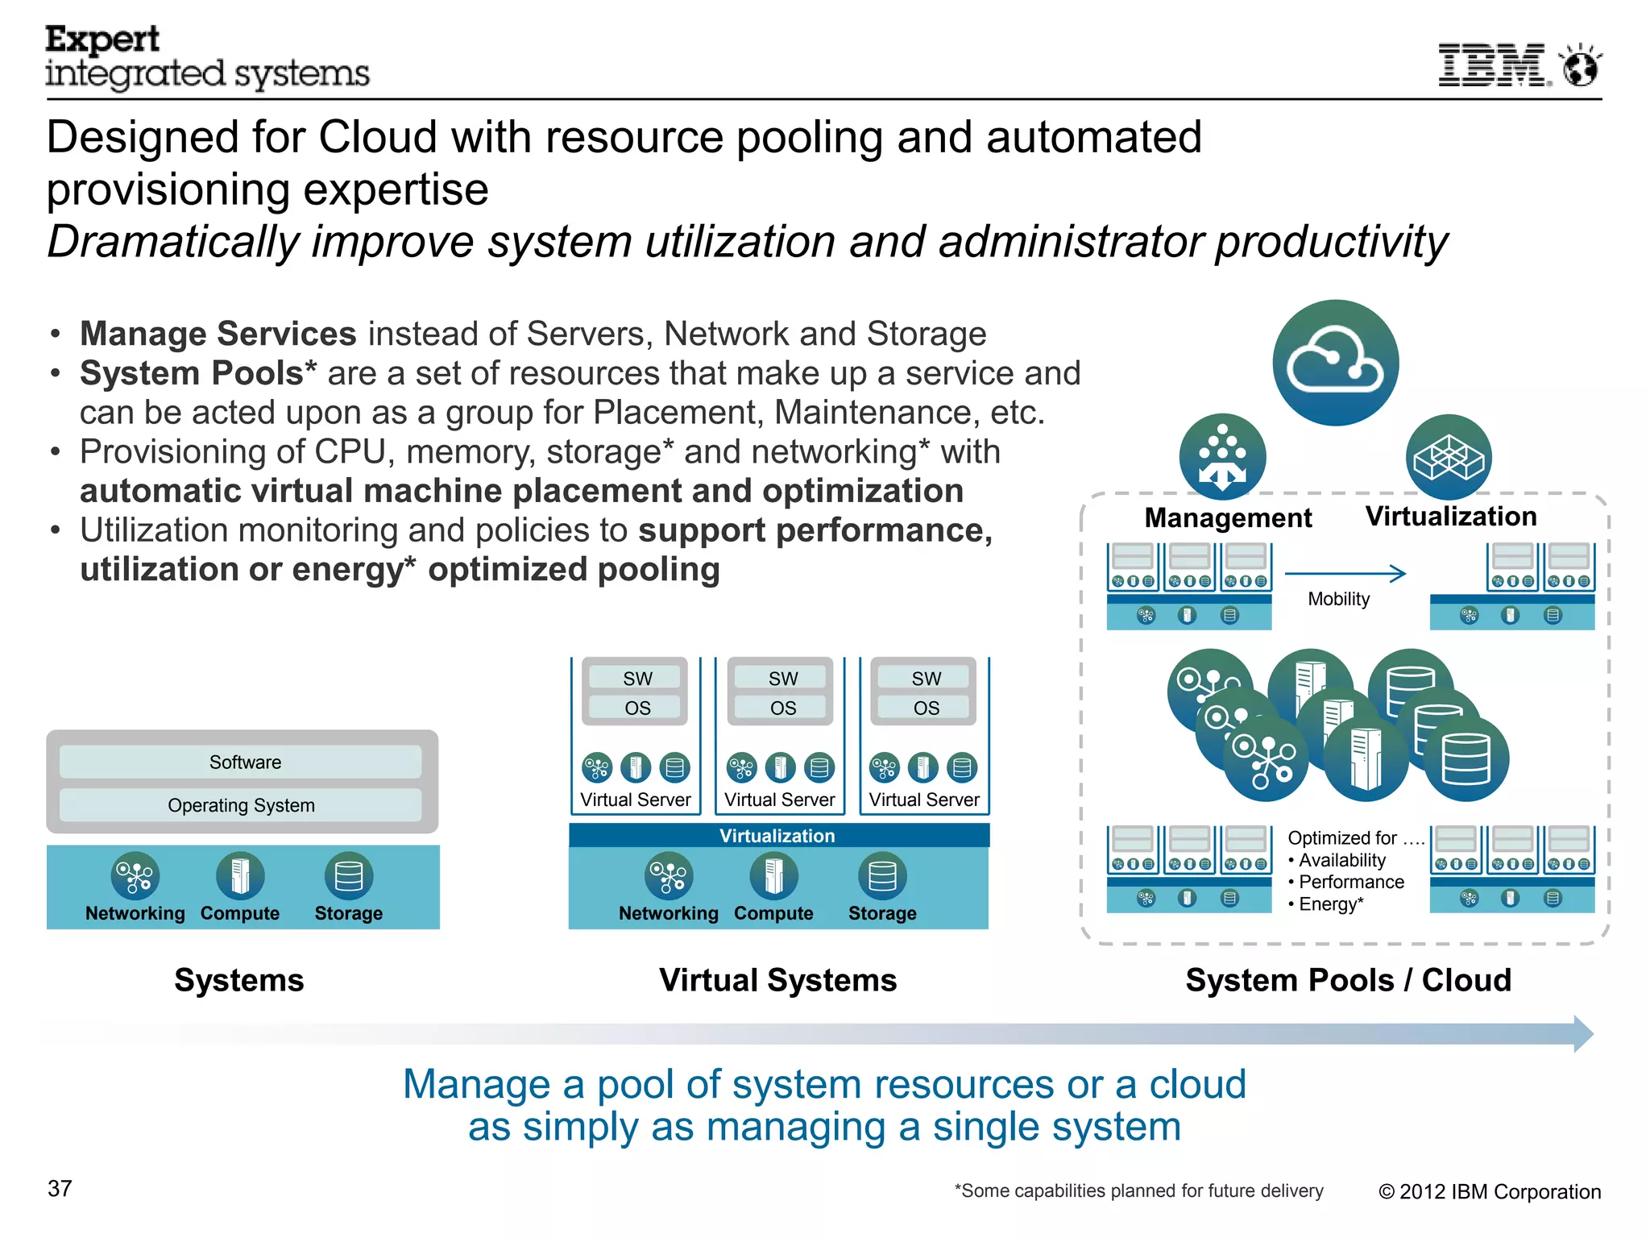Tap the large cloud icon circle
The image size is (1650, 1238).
pyautogui.click(x=1335, y=363)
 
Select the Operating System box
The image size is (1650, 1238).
pyautogui.click(x=242, y=805)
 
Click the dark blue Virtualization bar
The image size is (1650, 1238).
pyautogui.click(x=777, y=836)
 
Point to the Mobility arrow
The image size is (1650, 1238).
pyautogui.click(x=1345, y=573)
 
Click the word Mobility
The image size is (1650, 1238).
pyautogui.click(x=1338, y=599)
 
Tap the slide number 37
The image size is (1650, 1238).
pyautogui.click(x=60, y=1188)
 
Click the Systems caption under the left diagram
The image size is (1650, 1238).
pyautogui.click(x=239, y=980)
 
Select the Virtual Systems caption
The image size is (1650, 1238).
pyautogui.click(x=777, y=980)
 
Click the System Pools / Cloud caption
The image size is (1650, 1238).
pyautogui.click(x=1348, y=980)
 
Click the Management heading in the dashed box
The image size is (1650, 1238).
pyautogui.click(x=1228, y=517)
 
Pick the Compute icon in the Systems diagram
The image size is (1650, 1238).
pyautogui.click(x=240, y=876)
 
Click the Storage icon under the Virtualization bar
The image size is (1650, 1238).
pyautogui.click(x=882, y=876)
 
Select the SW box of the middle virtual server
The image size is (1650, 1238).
pyautogui.click(x=782, y=679)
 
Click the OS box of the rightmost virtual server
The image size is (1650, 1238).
pyautogui.click(x=926, y=708)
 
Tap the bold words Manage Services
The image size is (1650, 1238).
pyautogui.click(x=218, y=334)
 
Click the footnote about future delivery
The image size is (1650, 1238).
pyautogui.click(x=1138, y=1190)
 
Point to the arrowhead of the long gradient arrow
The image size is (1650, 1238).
pyautogui.click(x=1583, y=1034)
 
